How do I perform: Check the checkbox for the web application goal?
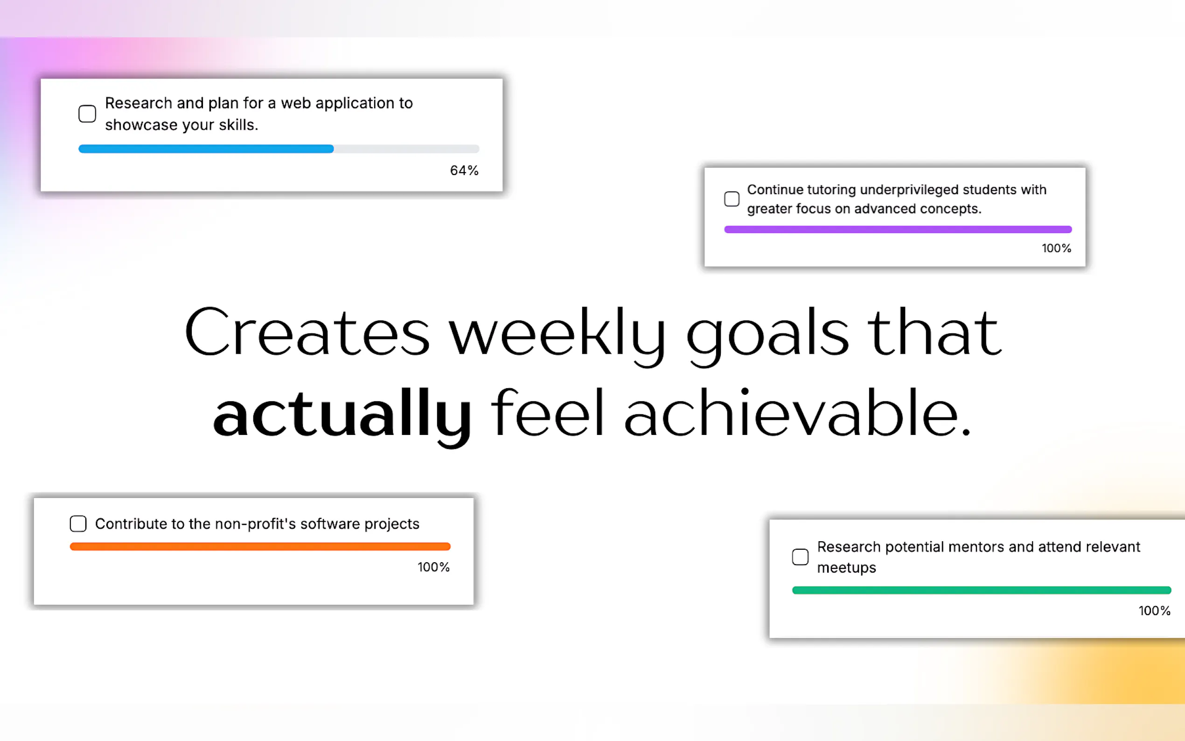[87, 114]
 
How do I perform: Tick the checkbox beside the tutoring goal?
[732, 199]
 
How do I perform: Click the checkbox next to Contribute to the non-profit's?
[78, 524]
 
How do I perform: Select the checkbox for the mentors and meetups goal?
[801, 557]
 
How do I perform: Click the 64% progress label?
[464, 170]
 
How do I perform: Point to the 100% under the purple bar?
[1057, 248]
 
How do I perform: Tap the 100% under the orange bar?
[433, 567]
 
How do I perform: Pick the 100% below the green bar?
[1155, 611]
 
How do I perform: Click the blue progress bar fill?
[206, 149]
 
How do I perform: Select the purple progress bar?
[898, 230]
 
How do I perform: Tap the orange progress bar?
[260, 546]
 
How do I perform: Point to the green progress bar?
[982, 590]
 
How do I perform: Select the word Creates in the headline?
[307, 331]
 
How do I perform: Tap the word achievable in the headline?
[797, 412]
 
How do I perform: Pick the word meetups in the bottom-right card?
[846, 567]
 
